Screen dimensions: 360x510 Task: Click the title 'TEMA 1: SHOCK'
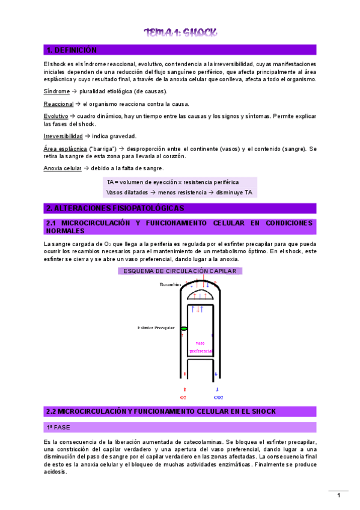pyautogui.click(x=180, y=32)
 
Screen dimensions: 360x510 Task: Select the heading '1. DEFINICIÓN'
pyautogui.click(x=72, y=50)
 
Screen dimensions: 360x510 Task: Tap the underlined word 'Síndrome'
pyautogui.click(x=56, y=91)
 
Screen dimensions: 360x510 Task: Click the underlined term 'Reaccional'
pyautogui.click(x=58, y=104)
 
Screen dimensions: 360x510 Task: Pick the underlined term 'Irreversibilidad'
pyautogui.click(x=63, y=136)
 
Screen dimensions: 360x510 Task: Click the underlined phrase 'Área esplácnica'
pyautogui.click(x=66, y=149)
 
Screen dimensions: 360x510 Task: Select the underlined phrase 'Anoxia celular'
pyautogui.click(x=63, y=168)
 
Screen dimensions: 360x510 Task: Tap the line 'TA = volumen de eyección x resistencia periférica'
pyautogui.click(x=172, y=182)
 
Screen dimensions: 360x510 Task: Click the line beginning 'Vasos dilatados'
pyautogui.click(x=179, y=192)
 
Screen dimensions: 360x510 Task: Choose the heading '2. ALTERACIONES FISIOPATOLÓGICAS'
pyautogui.click(x=115, y=208)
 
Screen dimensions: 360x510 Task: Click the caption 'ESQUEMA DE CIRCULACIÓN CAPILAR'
pyautogui.click(x=180, y=271)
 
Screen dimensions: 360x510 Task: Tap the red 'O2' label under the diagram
pyautogui.click(x=183, y=398)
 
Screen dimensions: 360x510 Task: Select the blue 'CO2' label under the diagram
pyautogui.click(x=218, y=398)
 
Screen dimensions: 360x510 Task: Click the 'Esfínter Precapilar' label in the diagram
pyautogui.click(x=156, y=328)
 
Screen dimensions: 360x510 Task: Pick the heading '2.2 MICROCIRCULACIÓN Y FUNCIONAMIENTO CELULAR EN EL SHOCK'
pyautogui.click(x=160, y=411)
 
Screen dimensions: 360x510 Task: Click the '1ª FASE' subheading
pyautogui.click(x=58, y=427)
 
